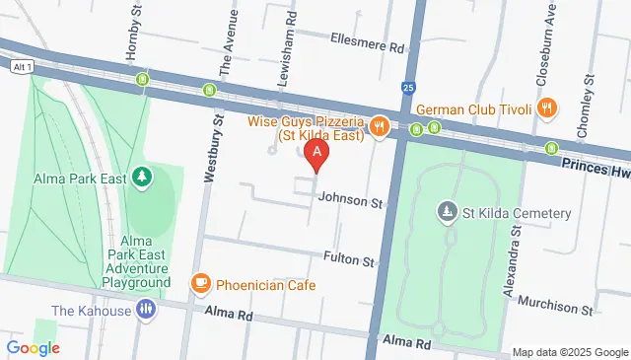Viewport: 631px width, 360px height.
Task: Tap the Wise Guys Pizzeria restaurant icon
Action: click(x=379, y=125)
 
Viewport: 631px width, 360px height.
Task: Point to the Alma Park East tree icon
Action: click(x=144, y=178)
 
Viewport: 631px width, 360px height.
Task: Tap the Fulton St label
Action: click(x=349, y=261)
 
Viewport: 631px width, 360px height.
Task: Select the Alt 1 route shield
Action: click(x=25, y=66)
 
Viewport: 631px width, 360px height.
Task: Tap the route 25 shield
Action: click(x=409, y=88)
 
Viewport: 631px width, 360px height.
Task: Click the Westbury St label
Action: click(x=209, y=149)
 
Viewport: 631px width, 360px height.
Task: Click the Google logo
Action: click(x=33, y=347)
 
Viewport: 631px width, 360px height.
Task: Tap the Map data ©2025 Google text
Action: click(x=570, y=352)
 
